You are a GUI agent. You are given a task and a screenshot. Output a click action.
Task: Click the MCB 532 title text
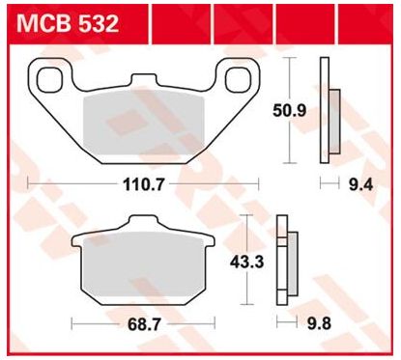pyautogui.click(x=68, y=23)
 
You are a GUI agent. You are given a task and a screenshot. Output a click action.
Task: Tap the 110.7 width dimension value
pyautogui.click(x=144, y=185)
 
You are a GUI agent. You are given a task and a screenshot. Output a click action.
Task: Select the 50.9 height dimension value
pyautogui.click(x=290, y=111)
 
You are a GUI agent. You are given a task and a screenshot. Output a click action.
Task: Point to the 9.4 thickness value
pyautogui.click(x=360, y=185)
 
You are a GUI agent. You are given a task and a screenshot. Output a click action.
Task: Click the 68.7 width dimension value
pyautogui.click(x=144, y=324)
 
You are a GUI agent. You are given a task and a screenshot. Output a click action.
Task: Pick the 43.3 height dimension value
pyautogui.click(x=246, y=263)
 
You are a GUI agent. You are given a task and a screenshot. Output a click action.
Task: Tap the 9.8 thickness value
pyautogui.click(x=319, y=323)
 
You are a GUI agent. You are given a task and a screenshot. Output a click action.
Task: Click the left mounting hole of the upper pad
pyautogui.click(x=49, y=79)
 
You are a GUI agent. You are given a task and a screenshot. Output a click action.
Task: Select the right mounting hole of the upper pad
pyautogui.click(x=238, y=79)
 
